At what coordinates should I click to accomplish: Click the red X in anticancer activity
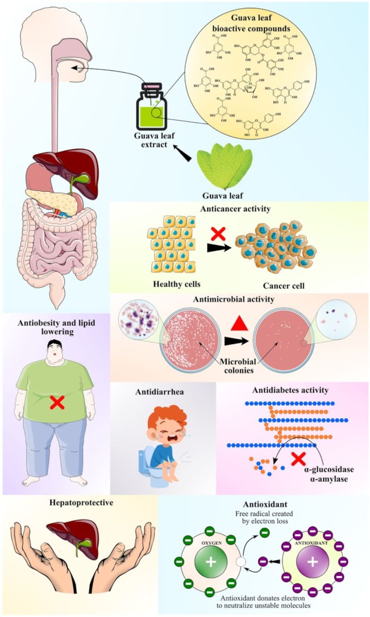point(218,233)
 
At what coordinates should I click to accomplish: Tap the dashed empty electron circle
point(240,563)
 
